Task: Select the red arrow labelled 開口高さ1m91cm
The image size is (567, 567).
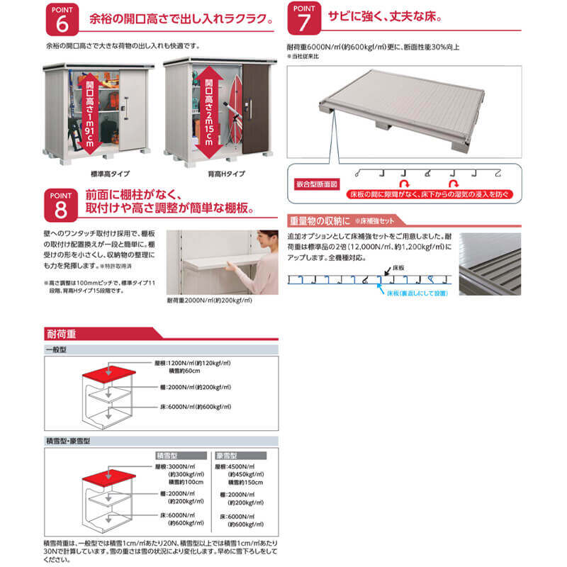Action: point(89,111)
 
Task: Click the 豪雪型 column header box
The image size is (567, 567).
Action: point(228,456)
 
